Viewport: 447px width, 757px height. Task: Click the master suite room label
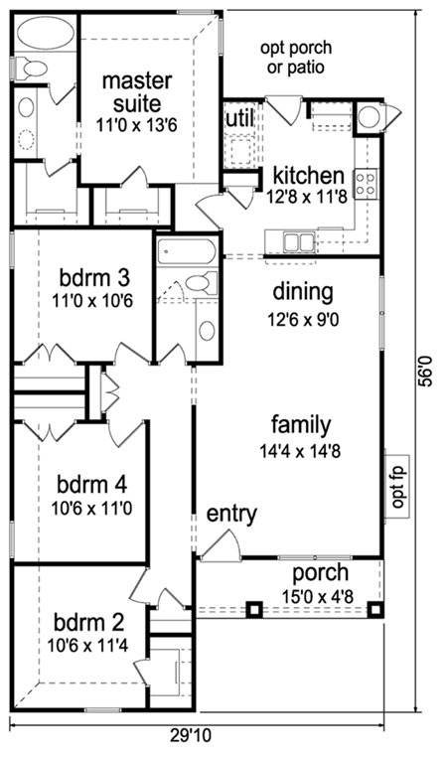click(x=137, y=92)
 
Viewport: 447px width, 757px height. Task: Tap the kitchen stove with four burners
click(x=366, y=184)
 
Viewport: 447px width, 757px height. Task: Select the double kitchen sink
click(x=299, y=241)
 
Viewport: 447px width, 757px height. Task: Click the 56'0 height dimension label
click(x=426, y=371)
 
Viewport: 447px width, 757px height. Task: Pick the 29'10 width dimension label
click(x=191, y=735)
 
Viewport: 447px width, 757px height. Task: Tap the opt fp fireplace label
click(x=397, y=487)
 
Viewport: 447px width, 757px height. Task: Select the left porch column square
click(x=254, y=609)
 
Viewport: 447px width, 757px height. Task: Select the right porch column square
click(x=375, y=609)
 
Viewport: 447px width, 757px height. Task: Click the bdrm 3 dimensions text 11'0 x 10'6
click(x=92, y=301)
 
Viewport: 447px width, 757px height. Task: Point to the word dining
click(x=303, y=292)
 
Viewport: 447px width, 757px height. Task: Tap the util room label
click(x=240, y=118)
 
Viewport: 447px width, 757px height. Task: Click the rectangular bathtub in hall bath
click(x=187, y=251)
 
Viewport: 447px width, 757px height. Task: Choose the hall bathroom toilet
click(x=202, y=283)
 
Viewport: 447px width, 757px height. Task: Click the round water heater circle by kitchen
click(x=369, y=116)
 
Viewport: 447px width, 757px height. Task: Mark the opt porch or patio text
click(x=296, y=57)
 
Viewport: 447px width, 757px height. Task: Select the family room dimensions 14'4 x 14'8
click(x=300, y=451)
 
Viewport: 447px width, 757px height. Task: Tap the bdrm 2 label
click(x=88, y=623)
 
